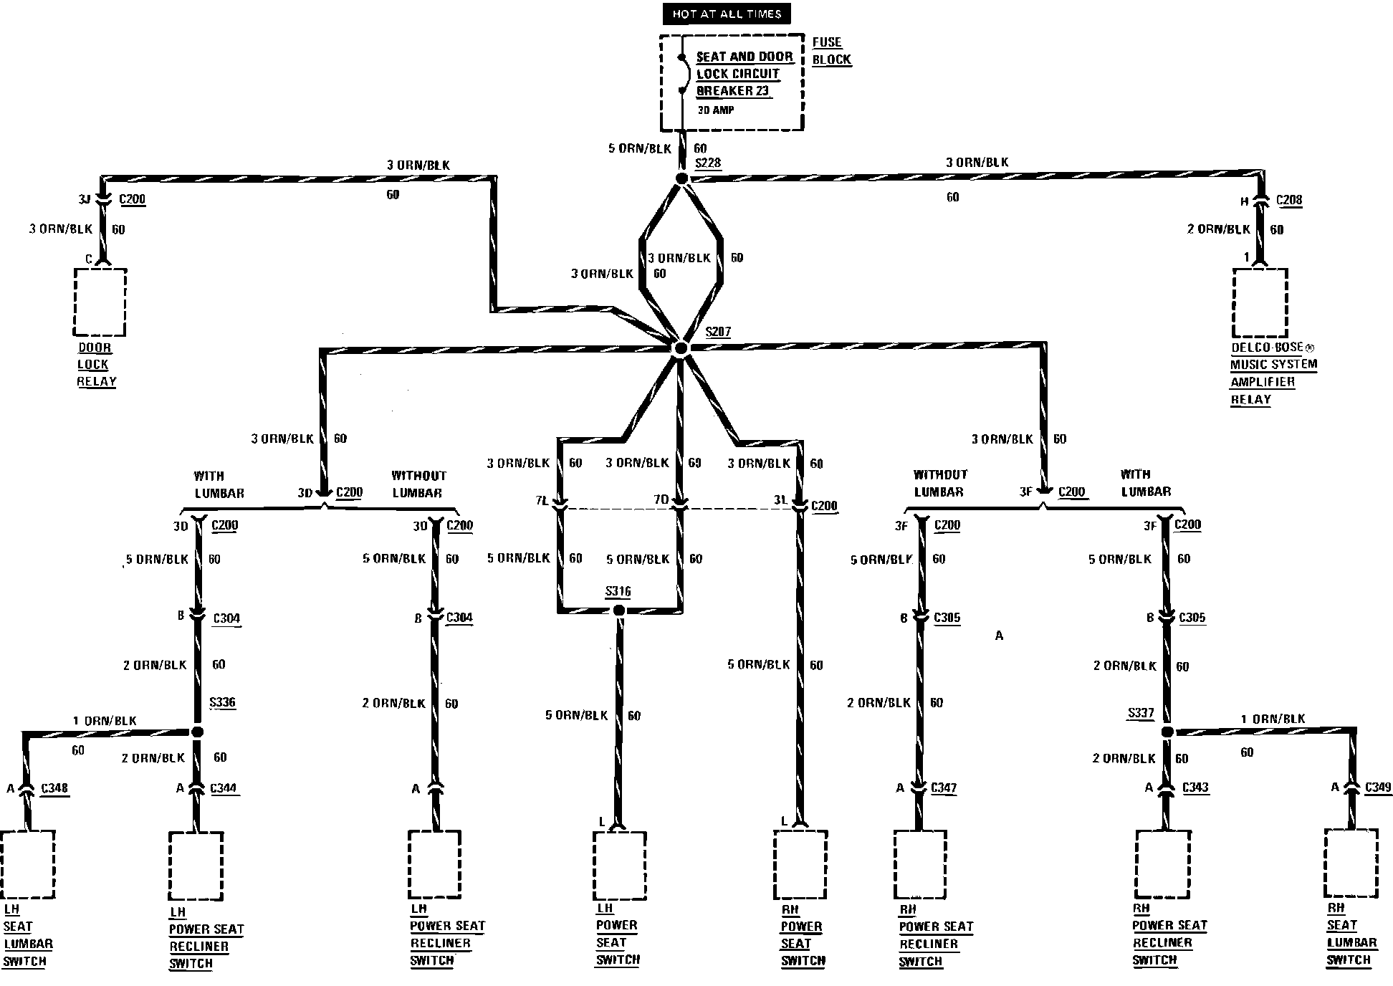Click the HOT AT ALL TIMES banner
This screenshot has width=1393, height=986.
coord(727,14)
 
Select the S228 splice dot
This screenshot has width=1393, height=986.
coord(681,178)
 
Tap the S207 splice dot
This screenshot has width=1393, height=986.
coord(681,348)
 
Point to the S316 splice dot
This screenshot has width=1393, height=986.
coord(619,611)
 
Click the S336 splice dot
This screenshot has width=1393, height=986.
coord(198,732)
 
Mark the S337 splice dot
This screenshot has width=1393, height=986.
coord(1167,732)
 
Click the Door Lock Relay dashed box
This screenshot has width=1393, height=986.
coord(100,302)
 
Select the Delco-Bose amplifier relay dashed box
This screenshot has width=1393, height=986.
coord(1260,302)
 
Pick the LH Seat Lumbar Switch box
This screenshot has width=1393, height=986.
coord(27,864)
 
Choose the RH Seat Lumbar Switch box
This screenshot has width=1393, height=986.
coord(1351,864)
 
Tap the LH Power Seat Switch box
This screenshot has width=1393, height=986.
coord(620,864)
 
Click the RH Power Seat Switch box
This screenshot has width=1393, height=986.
coord(800,864)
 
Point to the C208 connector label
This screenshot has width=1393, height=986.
coord(1289,200)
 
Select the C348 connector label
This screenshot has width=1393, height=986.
coord(54,788)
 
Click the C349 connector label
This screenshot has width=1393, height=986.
coord(1379,787)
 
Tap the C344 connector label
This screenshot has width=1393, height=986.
coord(224,788)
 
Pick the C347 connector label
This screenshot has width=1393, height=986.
coord(944,788)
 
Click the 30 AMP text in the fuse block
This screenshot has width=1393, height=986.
coord(716,110)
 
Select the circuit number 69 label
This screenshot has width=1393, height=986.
coord(694,463)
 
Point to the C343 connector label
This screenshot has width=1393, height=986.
coord(1195,787)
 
